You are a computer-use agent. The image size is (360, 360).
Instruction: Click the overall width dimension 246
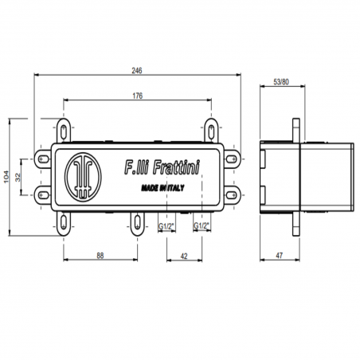137,70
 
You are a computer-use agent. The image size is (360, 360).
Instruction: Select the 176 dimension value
137,96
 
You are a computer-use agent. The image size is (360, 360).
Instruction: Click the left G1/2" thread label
167,226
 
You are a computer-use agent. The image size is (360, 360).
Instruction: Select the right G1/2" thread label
202,226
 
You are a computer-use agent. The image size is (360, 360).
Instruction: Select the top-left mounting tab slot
64,127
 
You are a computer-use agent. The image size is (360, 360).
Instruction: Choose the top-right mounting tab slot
212,127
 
